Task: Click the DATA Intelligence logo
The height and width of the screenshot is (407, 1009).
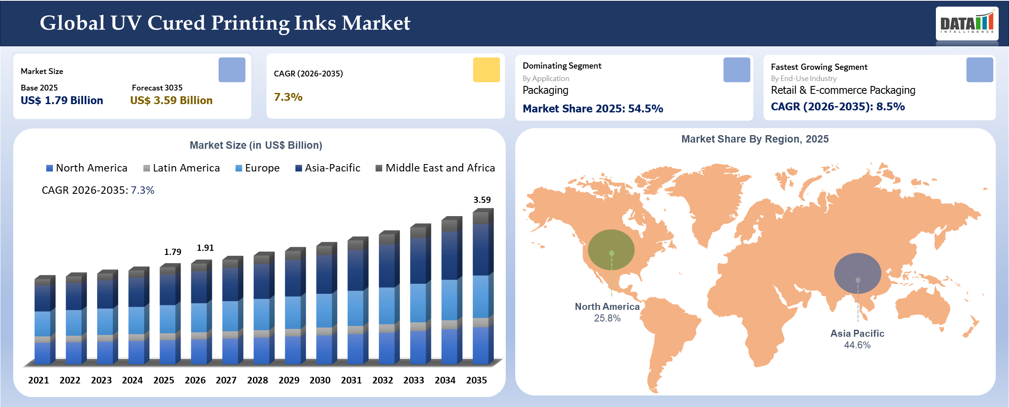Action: (967, 23)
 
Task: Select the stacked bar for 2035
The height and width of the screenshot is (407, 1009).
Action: (482, 289)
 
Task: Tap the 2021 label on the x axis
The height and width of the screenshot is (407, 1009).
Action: (38, 380)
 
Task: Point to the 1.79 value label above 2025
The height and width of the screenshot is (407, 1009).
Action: (173, 252)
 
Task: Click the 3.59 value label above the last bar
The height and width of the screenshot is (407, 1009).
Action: (482, 200)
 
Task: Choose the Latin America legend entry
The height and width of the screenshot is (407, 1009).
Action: (181, 168)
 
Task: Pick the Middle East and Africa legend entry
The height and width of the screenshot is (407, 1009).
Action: (435, 168)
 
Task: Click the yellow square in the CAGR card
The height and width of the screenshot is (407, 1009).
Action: (486, 70)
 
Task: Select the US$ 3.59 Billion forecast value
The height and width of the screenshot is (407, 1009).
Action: (171, 100)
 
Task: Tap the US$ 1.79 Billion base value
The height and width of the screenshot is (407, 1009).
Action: (62, 100)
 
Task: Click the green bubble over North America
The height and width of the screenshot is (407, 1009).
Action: (611, 250)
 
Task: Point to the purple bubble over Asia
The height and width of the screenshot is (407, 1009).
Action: (857, 273)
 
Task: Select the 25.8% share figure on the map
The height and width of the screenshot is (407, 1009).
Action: (607, 318)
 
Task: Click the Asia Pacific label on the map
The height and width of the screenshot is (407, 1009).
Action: (857, 333)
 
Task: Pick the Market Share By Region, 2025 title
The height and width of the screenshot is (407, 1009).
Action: (755, 139)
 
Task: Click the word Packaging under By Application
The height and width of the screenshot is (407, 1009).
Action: (545, 90)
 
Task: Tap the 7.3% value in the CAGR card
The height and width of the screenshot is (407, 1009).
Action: (288, 97)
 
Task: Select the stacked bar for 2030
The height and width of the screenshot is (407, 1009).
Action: (326, 306)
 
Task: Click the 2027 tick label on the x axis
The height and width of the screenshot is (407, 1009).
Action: (226, 380)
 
